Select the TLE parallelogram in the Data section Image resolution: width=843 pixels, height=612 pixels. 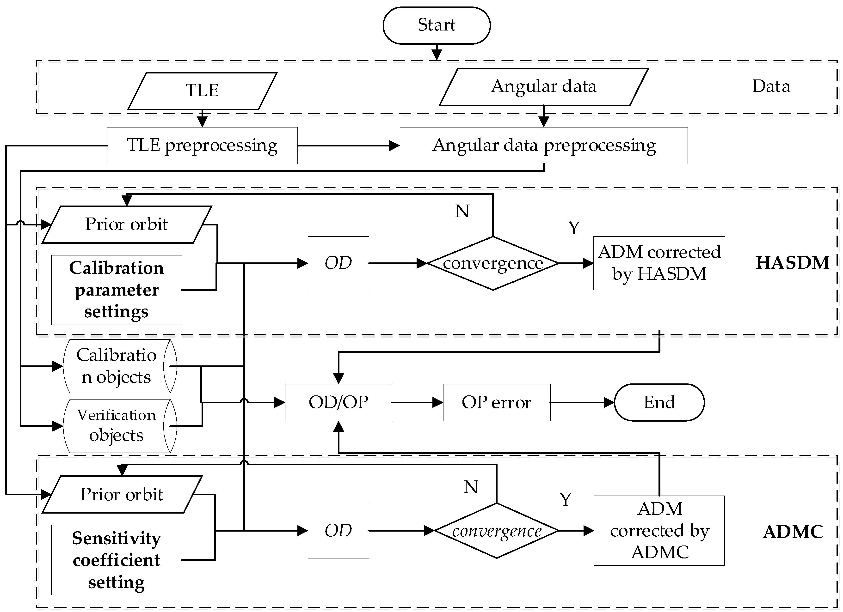pos(202,91)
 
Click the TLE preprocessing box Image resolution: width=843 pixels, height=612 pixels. pos(202,145)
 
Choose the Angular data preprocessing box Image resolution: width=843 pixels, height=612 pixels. pos(543,145)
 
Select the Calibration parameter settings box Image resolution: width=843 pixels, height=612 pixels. pos(116,290)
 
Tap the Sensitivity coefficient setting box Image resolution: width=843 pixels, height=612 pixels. pos(116,560)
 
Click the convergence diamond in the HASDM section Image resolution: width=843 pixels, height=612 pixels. pos(493,263)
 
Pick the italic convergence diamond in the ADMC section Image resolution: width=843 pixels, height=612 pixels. pos(497,531)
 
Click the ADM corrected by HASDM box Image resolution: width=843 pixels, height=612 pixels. pos(659,263)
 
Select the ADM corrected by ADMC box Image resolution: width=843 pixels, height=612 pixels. pos(659,530)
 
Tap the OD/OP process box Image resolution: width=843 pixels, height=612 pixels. pos(338,402)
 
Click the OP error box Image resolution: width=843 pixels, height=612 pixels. pos(497,402)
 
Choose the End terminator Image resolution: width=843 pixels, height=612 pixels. pos(659,402)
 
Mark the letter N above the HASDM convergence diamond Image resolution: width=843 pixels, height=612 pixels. pos(462,211)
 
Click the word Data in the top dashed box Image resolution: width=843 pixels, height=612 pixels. pos(771,86)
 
